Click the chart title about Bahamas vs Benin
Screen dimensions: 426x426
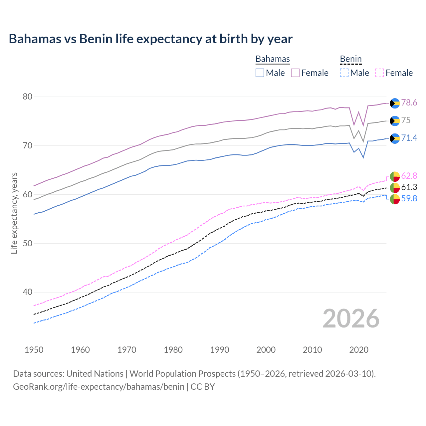[x=150, y=39]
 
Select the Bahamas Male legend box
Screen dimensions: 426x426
[x=260, y=73]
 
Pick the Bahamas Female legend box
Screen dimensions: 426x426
[x=295, y=73]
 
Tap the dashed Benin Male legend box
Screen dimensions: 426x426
[x=344, y=73]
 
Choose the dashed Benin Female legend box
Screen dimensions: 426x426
[x=380, y=73]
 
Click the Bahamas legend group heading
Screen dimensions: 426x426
[x=273, y=59]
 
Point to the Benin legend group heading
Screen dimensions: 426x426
[x=350, y=59]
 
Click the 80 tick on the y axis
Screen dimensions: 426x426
[x=27, y=97]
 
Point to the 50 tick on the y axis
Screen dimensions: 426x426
[x=27, y=243]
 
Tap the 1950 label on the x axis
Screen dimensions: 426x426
[x=34, y=350]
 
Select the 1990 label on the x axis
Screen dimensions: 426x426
[x=220, y=350]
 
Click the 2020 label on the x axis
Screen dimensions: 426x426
[x=359, y=350]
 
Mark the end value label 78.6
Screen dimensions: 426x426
[x=409, y=103]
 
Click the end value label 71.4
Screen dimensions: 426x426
[x=409, y=138]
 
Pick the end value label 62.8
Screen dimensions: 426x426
[x=409, y=176]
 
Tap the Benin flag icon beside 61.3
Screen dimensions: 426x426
[x=395, y=188]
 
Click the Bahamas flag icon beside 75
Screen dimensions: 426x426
[x=395, y=121]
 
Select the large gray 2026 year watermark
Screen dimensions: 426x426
[x=351, y=319]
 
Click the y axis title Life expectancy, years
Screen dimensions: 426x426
[x=14, y=213]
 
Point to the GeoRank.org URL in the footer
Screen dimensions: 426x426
[x=99, y=387]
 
